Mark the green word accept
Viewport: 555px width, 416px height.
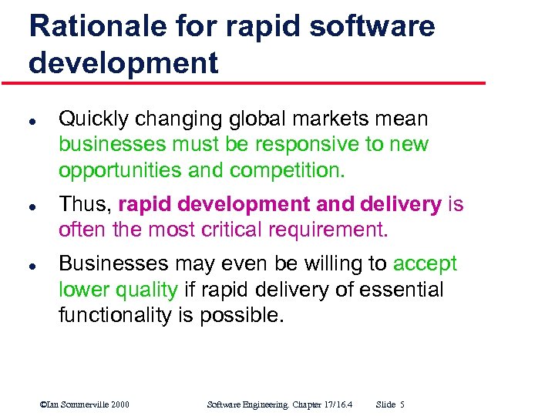coord(425,263)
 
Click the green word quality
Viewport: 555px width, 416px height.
coord(146,290)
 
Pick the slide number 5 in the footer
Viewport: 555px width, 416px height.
coord(402,404)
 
